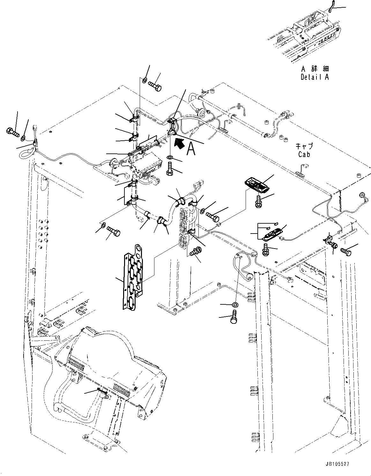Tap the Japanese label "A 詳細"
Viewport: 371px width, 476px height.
click(x=315, y=69)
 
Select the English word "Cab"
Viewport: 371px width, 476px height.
click(x=304, y=154)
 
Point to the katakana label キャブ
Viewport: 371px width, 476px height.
click(x=304, y=146)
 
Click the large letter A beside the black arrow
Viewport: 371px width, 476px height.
click(x=191, y=149)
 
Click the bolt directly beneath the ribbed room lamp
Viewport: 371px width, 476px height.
click(x=258, y=201)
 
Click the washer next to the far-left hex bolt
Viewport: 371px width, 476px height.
click(x=24, y=138)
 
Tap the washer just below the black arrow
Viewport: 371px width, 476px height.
click(x=170, y=157)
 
